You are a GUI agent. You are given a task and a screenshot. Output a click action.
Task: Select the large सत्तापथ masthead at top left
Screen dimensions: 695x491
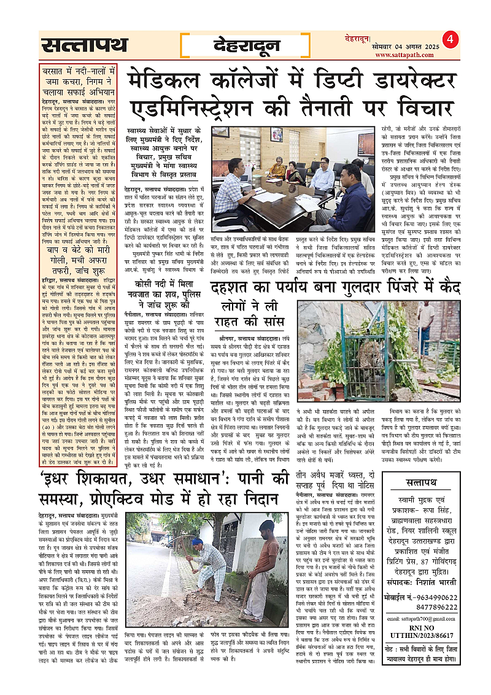click(85, 45)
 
